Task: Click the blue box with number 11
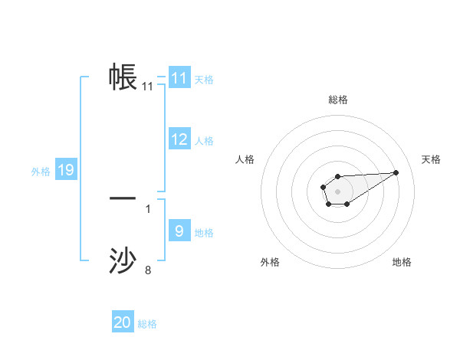click(179, 78)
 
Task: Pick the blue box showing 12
click(179, 139)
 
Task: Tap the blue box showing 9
click(179, 231)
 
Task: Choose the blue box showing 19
click(66, 170)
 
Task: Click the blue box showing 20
click(123, 322)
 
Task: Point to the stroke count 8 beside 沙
click(148, 270)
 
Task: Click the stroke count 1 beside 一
click(148, 208)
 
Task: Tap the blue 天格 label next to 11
click(204, 80)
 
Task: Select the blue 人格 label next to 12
click(204, 141)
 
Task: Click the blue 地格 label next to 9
click(204, 233)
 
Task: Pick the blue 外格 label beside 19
click(41, 172)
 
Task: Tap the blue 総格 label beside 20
click(147, 324)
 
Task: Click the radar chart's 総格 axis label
click(337, 100)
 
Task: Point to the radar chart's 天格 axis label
click(432, 159)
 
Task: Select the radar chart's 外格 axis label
click(270, 262)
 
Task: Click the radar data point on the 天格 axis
click(396, 172)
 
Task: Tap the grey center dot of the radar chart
click(337, 191)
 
